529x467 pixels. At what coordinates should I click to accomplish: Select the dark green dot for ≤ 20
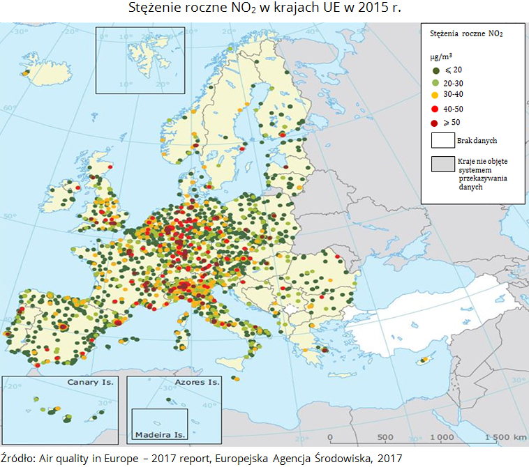(x=435, y=70)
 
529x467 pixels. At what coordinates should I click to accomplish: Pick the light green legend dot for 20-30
(x=435, y=82)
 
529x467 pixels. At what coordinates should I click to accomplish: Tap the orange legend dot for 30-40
(x=435, y=95)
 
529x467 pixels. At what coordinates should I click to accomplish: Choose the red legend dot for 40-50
(x=435, y=109)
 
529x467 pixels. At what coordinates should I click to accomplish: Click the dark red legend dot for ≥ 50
(x=435, y=123)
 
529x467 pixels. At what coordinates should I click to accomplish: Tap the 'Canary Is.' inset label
(x=90, y=383)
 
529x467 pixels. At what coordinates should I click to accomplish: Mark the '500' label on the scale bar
(x=385, y=437)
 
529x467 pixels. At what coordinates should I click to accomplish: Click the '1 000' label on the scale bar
(x=440, y=437)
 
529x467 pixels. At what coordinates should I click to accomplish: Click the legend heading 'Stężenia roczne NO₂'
(x=466, y=33)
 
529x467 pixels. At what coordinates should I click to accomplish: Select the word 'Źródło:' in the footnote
(x=20, y=457)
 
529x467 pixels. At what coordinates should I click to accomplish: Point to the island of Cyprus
(x=424, y=360)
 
